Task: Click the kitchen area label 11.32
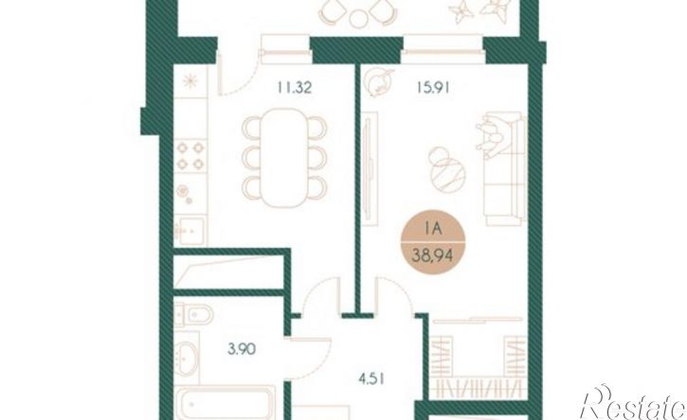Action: [x=294, y=88]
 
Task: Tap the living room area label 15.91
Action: [x=433, y=88]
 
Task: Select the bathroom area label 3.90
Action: [x=242, y=349]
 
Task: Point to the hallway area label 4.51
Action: [x=371, y=379]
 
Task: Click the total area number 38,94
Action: [x=432, y=255]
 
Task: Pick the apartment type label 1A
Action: [x=432, y=229]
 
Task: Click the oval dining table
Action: [x=284, y=157]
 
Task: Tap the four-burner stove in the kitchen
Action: [x=190, y=156]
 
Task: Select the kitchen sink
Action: [x=190, y=230]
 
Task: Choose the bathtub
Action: [x=226, y=403]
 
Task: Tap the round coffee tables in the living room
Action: [x=445, y=169]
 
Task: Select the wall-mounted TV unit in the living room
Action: [x=370, y=168]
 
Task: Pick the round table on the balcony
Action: [x=359, y=18]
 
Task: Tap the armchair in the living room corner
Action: [x=378, y=82]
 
